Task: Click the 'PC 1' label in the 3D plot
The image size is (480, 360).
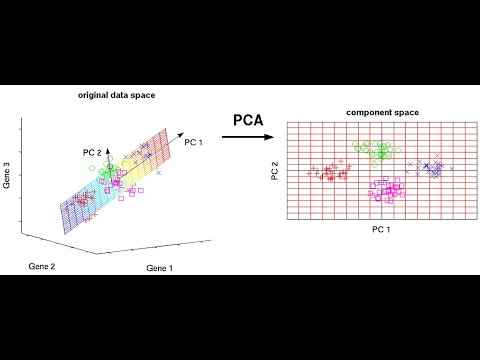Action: (194, 143)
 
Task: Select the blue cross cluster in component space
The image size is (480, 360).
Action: (432, 168)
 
